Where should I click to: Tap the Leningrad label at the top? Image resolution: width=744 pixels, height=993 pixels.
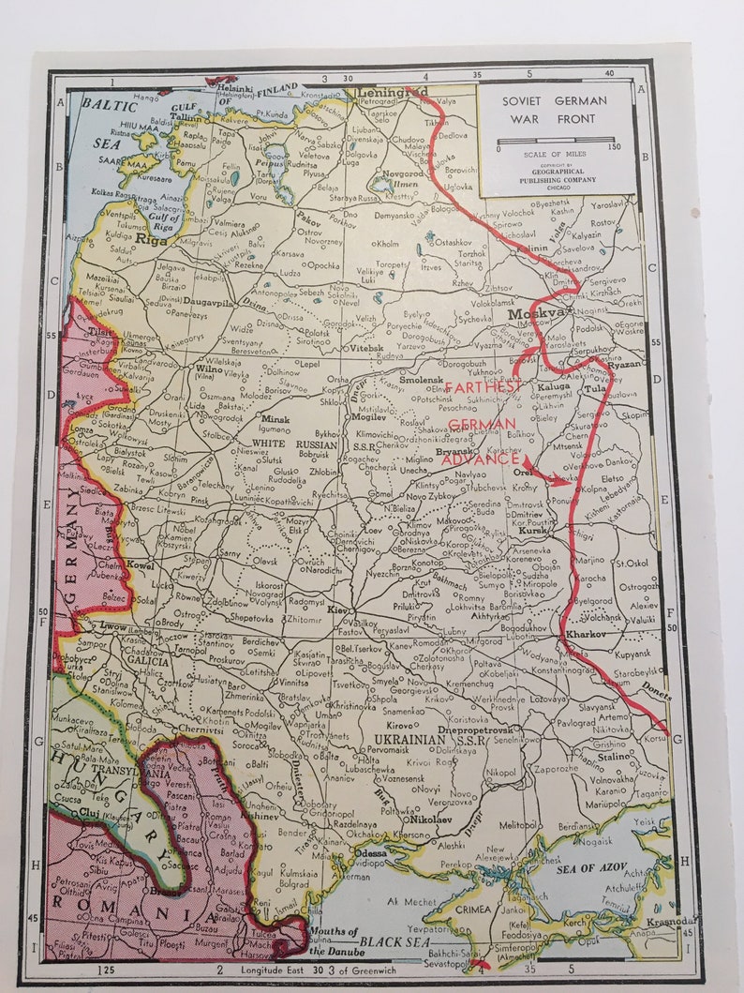click(392, 93)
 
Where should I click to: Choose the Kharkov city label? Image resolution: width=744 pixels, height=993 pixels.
click(586, 635)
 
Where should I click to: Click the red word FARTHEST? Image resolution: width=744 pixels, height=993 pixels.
click(484, 387)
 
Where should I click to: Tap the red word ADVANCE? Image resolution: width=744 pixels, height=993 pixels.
click(479, 459)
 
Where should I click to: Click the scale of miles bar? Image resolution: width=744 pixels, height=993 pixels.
click(557, 143)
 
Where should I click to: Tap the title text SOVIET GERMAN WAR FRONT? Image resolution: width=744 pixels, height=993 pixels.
click(553, 110)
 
